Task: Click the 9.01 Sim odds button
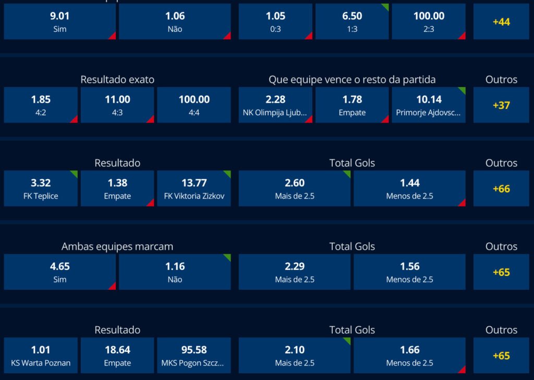click(59, 22)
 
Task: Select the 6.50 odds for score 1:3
click(352, 22)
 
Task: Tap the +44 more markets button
click(501, 22)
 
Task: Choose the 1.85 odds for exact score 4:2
click(41, 105)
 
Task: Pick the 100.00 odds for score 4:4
click(193, 105)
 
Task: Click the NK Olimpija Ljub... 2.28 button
click(275, 105)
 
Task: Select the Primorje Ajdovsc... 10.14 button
click(428, 105)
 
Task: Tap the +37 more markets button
click(501, 105)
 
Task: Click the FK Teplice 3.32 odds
click(41, 188)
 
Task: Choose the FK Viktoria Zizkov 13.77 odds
click(193, 188)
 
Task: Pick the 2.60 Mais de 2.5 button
click(295, 188)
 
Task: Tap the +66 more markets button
click(501, 188)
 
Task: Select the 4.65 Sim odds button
click(59, 272)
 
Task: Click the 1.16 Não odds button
click(175, 272)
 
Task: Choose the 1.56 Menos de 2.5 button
click(409, 272)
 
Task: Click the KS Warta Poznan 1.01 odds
click(41, 355)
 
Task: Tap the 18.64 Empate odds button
click(117, 355)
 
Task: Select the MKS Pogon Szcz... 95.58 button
click(193, 355)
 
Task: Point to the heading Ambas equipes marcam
click(117, 247)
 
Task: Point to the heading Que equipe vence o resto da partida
click(352, 80)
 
